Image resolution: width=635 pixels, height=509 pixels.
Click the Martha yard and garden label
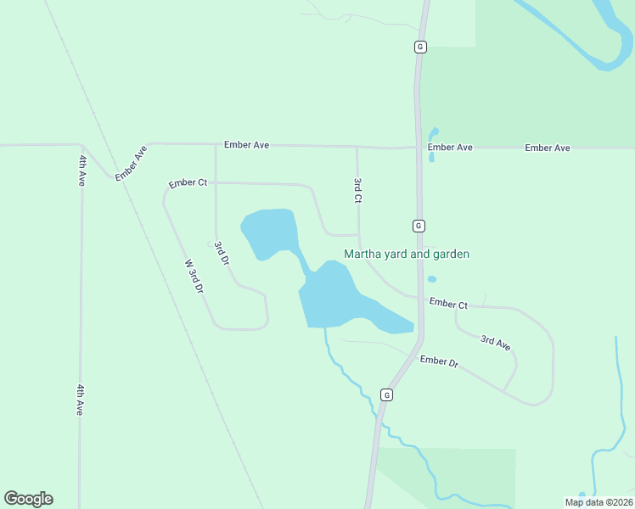click(x=407, y=254)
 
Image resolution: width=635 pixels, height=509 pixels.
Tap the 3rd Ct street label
click(x=358, y=190)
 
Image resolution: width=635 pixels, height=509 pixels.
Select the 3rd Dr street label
click(x=222, y=254)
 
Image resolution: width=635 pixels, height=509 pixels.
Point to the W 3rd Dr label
click(x=194, y=276)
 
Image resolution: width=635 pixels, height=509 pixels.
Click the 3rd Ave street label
click(x=495, y=342)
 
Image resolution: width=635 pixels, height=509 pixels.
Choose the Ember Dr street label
click(x=439, y=361)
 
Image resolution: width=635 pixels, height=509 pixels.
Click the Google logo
click(x=28, y=499)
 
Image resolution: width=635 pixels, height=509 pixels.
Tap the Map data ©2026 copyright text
click(x=598, y=502)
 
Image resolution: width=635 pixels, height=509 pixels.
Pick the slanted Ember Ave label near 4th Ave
click(x=132, y=163)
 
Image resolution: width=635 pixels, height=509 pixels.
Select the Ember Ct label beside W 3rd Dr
click(x=188, y=183)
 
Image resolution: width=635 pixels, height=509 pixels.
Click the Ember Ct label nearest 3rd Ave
click(x=448, y=303)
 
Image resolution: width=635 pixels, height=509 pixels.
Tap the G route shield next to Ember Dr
click(x=387, y=394)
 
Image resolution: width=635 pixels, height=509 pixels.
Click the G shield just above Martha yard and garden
click(x=419, y=226)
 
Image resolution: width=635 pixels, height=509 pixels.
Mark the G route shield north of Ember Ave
click(x=419, y=47)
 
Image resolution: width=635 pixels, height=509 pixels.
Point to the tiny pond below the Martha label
click(x=432, y=279)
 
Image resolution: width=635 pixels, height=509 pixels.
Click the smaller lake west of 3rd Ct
click(x=270, y=232)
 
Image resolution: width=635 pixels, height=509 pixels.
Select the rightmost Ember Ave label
click(x=548, y=148)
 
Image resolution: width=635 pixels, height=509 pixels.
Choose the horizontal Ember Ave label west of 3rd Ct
click(x=246, y=145)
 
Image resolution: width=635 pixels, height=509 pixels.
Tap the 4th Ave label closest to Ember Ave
click(x=82, y=170)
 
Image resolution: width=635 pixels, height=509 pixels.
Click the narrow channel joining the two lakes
click(x=303, y=262)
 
